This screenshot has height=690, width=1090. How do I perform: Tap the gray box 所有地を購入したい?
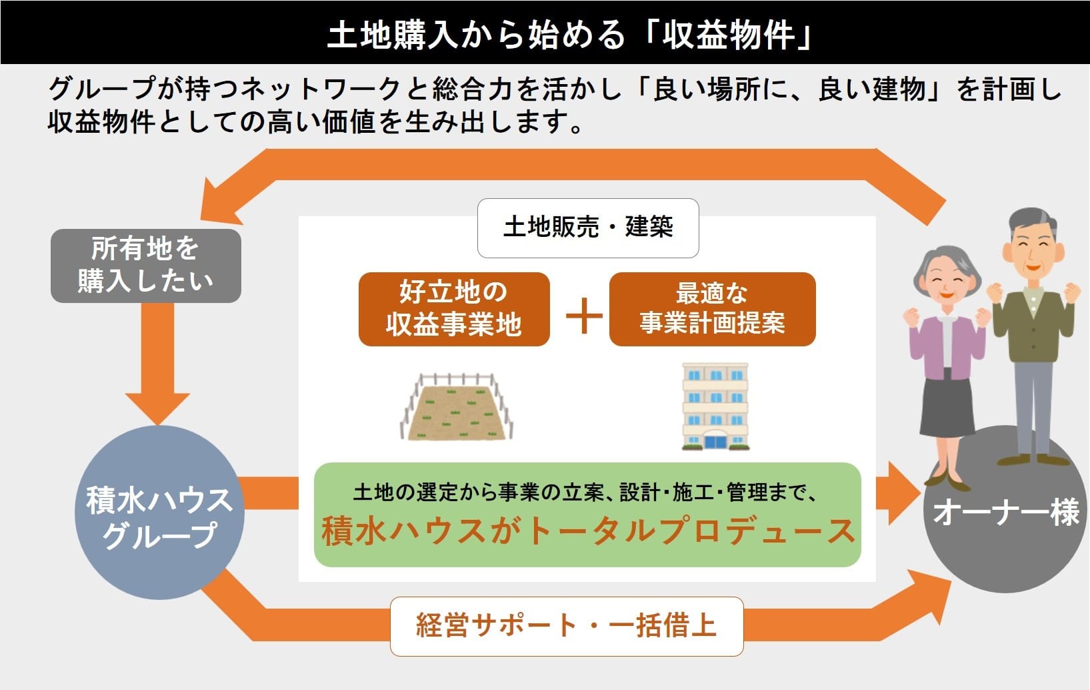click(145, 266)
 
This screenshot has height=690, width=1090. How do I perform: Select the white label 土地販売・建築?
click(587, 228)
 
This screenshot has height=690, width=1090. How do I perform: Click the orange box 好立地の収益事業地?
click(454, 309)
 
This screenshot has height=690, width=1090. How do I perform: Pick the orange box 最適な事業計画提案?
click(712, 309)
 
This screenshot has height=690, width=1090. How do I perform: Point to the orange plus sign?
click(584, 315)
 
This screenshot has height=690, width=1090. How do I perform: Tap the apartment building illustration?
click(715, 406)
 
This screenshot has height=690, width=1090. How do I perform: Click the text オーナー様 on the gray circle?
click(1005, 512)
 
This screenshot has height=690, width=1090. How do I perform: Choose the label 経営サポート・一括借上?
click(566, 626)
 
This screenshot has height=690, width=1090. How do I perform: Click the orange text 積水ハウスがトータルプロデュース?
click(587, 532)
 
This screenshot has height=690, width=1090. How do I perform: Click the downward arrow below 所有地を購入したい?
click(158, 387)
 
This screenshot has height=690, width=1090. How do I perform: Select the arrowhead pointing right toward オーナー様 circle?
click(900, 492)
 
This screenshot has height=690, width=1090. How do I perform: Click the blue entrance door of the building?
click(716, 440)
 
